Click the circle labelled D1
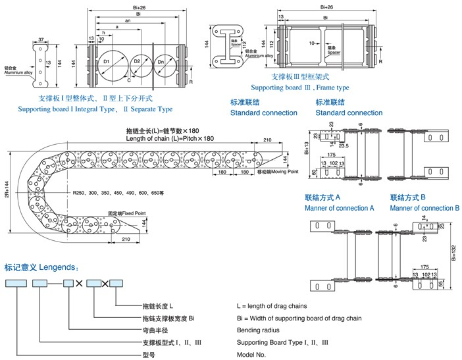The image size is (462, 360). [106, 63]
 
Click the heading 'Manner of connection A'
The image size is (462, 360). [339, 208]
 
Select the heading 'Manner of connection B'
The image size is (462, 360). [424, 208]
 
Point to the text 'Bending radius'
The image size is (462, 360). [261, 330]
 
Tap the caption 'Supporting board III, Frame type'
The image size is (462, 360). [299, 88]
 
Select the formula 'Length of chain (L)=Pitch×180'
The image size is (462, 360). [169, 138]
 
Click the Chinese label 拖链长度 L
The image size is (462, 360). [157, 306]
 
